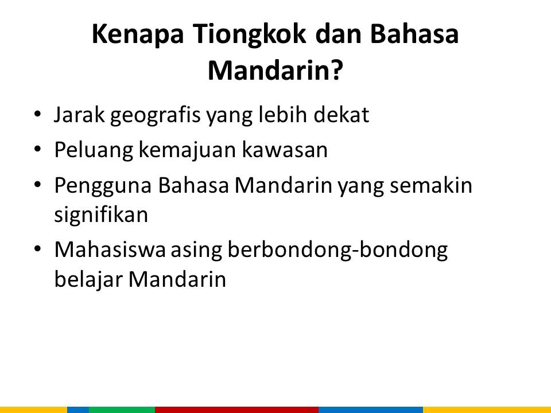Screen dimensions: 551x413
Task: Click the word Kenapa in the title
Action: point(138,35)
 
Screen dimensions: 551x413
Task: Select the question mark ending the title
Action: point(336,70)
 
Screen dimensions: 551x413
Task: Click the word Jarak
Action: point(79,115)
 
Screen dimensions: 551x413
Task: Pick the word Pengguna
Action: point(103,186)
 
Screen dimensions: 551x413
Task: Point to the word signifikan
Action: point(101,214)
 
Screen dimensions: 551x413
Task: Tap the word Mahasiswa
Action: point(110,250)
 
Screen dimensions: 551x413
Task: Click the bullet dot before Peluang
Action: point(38,149)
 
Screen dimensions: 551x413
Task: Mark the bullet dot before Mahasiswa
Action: point(38,248)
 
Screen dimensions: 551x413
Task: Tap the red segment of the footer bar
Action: point(236,410)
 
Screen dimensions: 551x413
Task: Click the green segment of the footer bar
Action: point(122,410)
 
